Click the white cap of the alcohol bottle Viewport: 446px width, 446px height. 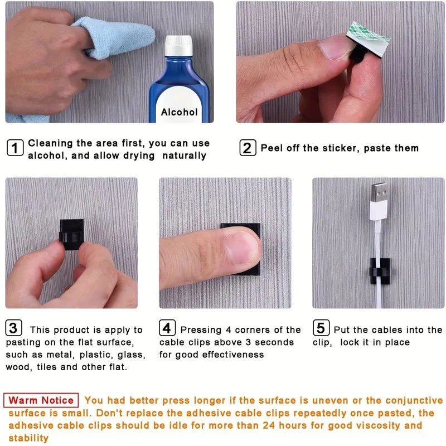[178, 45]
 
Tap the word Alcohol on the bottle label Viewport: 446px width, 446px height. [179, 112]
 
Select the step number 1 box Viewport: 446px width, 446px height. [15, 148]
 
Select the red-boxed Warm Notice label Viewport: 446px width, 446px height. [41, 400]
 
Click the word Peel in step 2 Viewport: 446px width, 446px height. [272, 148]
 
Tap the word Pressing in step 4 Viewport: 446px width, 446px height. [202, 330]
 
